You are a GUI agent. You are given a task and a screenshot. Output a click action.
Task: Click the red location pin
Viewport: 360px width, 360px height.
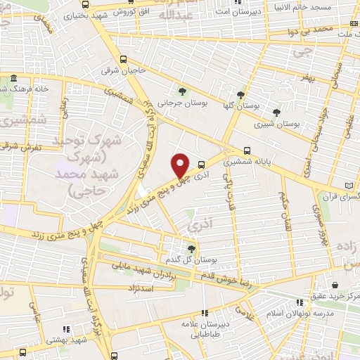[x=180, y=165]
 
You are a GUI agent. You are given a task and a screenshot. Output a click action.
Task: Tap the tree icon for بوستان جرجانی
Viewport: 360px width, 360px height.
[x=183, y=91]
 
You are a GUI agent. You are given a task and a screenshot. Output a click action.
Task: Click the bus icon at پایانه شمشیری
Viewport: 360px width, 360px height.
[x=247, y=150]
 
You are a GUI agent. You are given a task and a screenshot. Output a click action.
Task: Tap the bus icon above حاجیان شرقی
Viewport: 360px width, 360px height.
[x=124, y=60]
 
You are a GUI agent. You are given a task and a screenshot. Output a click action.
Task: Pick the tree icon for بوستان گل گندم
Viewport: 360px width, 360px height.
[x=191, y=248]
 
